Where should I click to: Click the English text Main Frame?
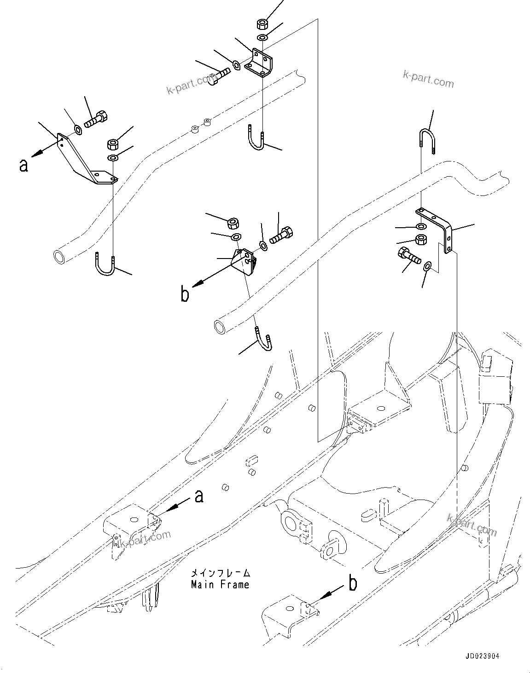pyautogui.click(x=220, y=585)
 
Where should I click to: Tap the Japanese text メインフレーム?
pyautogui.click(x=221, y=573)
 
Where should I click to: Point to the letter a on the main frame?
pyautogui.click(x=199, y=496)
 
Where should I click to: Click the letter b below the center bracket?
pyautogui.click(x=185, y=295)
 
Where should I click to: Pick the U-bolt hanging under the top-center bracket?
pyautogui.click(x=256, y=138)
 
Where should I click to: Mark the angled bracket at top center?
pyautogui.click(x=259, y=63)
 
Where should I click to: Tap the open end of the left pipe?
pyautogui.click(x=60, y=256)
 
